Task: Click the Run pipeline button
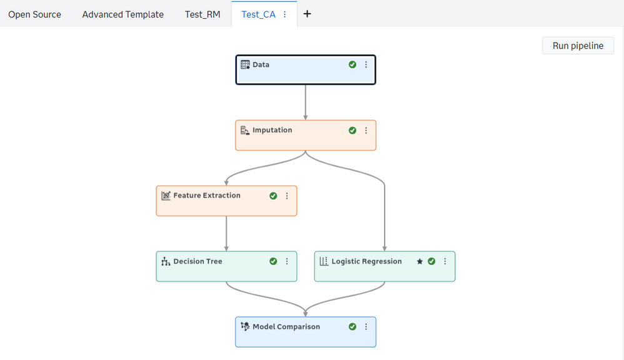578,46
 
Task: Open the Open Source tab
34,14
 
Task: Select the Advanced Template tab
123,14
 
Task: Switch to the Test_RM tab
203,14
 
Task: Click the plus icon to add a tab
307,14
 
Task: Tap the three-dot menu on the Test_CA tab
284,14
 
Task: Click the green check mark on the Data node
352,64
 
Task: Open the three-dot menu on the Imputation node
366,131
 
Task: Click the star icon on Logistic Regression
420,261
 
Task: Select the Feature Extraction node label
207,196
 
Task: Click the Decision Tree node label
198,261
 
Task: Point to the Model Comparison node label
286,327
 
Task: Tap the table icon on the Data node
245,64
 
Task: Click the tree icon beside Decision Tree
166,261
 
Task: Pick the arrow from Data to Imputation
306,102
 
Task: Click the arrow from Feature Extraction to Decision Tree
226,234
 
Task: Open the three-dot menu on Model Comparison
366,327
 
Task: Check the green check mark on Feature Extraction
273,196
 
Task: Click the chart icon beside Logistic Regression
324,261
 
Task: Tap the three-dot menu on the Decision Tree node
287,261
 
